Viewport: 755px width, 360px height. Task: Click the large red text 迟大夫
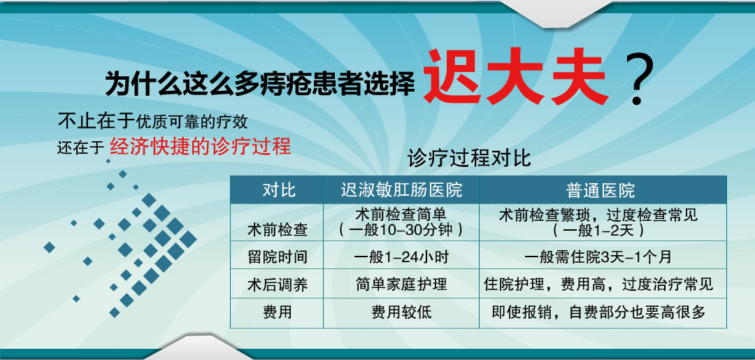click(x=516, y=78)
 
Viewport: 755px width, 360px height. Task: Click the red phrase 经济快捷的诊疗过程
click(x=201, y=146)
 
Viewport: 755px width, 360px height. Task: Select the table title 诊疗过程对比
click(x=469, y=159)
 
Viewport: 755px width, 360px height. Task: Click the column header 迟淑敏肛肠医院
click(x=401, y=190)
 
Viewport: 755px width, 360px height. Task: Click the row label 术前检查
click(x=277, y=231)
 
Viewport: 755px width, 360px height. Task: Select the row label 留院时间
click(x=277, y=257)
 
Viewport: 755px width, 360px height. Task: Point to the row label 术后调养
click(x=277, y=285)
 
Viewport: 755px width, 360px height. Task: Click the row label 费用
click(x=277, y=312)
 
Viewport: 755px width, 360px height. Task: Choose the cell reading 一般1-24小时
click(x=401, y=257)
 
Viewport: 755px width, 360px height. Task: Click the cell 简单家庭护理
click(x=401, y=285)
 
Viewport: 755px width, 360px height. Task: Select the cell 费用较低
click(x=401, y=312)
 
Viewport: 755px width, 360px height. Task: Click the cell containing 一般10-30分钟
click(x=401, y=222)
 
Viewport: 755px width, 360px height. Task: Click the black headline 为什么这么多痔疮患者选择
click(x=260, y=82)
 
